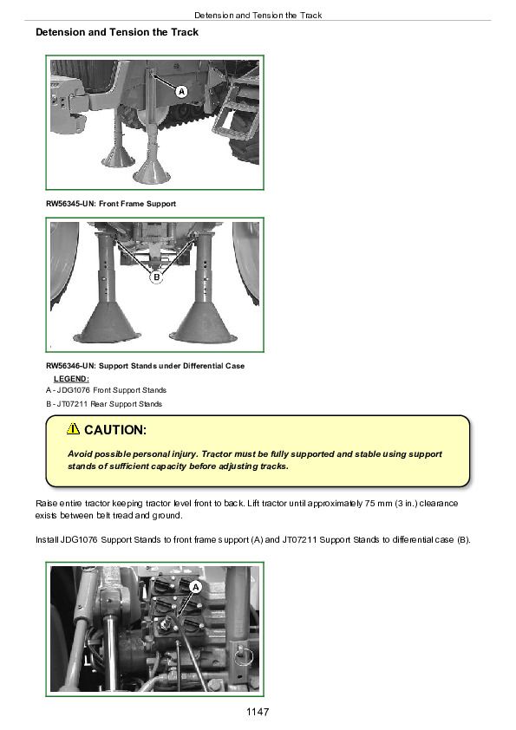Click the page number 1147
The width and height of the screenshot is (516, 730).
[258, 712]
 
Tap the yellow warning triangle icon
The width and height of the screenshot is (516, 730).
[73, 428]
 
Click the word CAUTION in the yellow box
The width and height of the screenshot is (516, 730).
[115, 430]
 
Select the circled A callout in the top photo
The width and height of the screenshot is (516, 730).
[181, 92]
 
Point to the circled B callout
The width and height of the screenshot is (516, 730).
[156, 277]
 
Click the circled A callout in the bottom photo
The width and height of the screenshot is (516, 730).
[196, 587]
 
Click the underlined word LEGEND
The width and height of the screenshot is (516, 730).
[71, 379]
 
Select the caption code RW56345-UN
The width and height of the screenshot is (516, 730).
[70, 204]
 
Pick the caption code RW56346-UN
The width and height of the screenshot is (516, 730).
[70, 366]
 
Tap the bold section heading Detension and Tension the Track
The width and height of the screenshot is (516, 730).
[117, 32]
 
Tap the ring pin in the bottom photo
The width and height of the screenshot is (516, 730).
[243, 656]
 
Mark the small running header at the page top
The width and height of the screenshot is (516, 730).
[258, 16]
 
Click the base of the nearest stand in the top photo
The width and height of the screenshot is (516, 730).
[152, 172]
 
